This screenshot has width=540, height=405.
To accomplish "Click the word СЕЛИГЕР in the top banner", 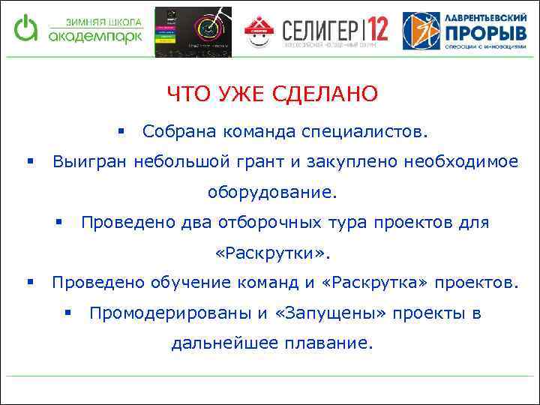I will coord(319,31).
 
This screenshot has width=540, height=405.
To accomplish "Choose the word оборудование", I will coord(273,193).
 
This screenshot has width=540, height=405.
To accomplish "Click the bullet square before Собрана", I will coord(121,132).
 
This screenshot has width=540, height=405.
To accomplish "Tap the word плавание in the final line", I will coord(335,343).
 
